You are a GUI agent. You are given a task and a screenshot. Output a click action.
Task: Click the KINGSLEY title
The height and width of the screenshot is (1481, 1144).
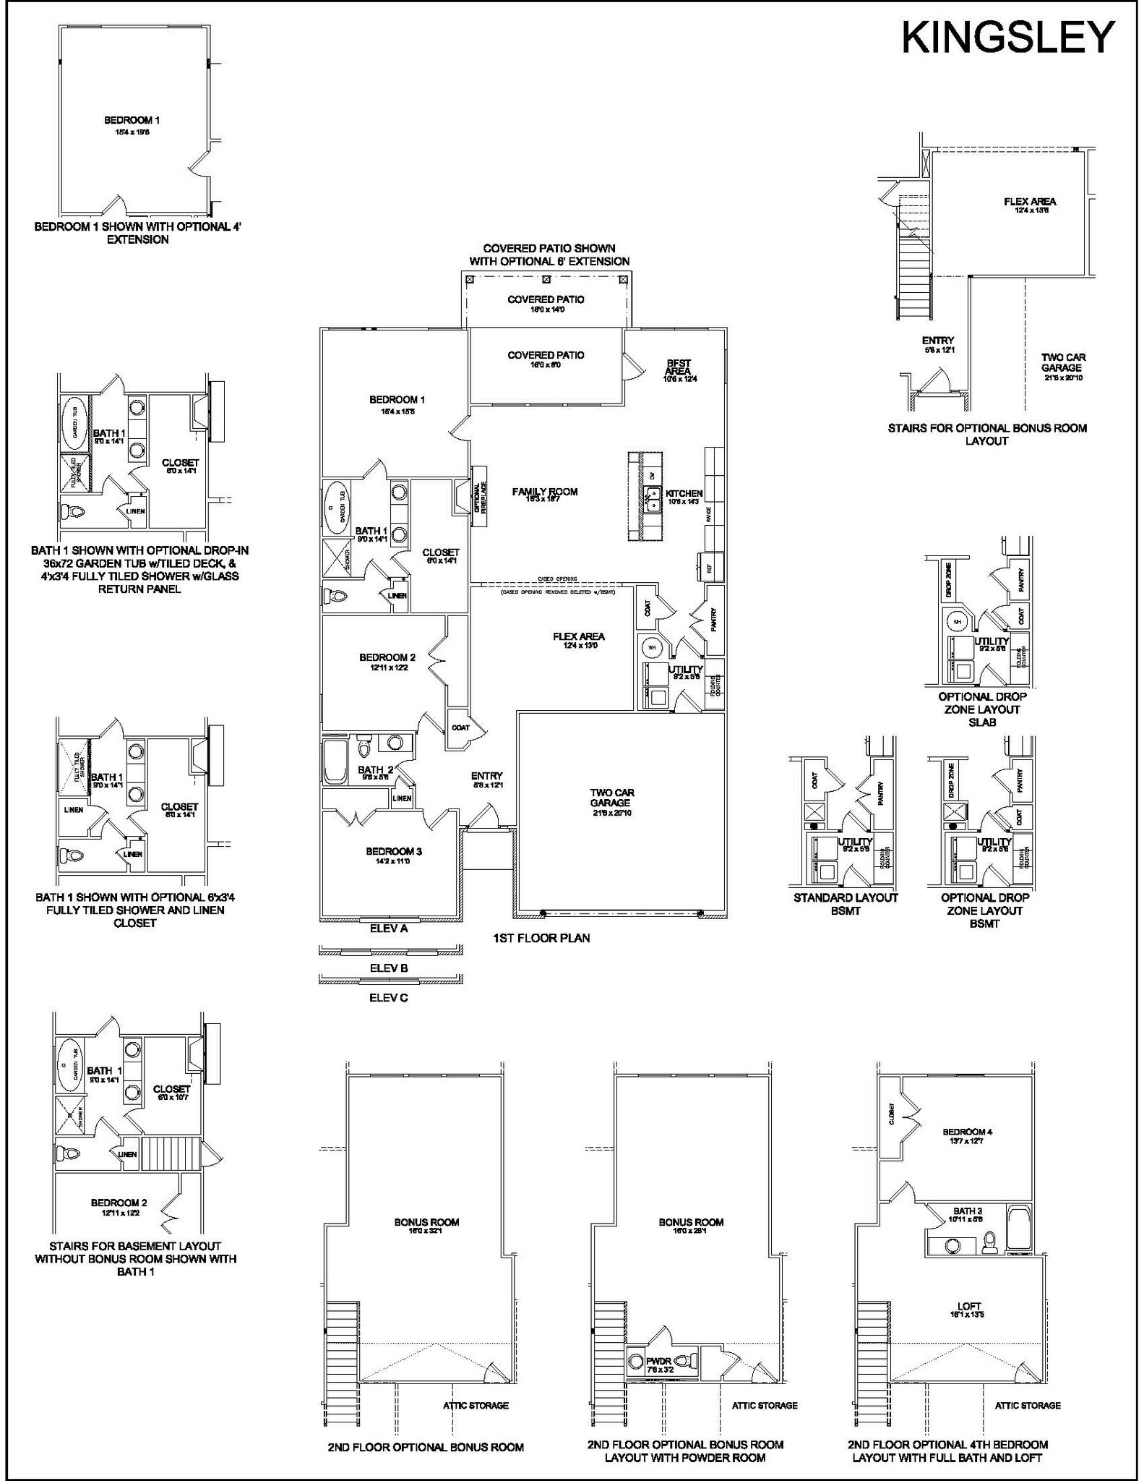click(x=1009, y=38)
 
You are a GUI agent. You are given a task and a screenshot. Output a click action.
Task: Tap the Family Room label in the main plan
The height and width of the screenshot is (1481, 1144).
click(x=545, y=492)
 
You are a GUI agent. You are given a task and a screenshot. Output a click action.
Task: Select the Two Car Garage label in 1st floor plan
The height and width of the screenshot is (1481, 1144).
click(x=612, y=798)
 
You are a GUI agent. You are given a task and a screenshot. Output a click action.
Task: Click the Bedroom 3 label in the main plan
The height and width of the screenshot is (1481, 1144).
click(x=394, y=852)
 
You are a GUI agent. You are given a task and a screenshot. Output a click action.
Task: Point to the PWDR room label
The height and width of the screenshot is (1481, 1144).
click(x=659, y=1361)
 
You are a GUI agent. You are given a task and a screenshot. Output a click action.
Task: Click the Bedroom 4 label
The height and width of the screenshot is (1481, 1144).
click(x=967, y=1132)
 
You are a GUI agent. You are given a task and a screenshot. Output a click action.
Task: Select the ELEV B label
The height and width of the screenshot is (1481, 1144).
click(x=389, y=968)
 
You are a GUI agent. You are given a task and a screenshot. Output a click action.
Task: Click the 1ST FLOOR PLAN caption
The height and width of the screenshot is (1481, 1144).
click(x=541, y=939)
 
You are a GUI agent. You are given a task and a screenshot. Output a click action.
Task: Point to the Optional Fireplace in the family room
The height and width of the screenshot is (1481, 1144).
click(x=478, y=497)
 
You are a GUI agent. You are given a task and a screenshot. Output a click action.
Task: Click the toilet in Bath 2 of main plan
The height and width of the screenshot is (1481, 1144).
click(x=364, y=744)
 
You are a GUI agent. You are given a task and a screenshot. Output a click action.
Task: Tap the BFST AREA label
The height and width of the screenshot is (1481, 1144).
click(x=679, y=367)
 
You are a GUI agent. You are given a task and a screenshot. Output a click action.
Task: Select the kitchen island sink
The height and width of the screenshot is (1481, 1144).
click(x=653, y=500)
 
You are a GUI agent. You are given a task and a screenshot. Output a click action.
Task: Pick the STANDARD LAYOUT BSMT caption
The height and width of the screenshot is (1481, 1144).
click(x=846, y=904)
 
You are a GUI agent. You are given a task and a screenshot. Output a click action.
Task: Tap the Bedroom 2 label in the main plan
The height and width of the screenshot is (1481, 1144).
click(x=387, y=658)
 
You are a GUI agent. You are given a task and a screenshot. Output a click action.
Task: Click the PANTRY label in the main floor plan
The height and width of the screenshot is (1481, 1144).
click(x=714, y=620)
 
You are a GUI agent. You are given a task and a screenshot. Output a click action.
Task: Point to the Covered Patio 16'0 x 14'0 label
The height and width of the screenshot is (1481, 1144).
click(x=546, y=300)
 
